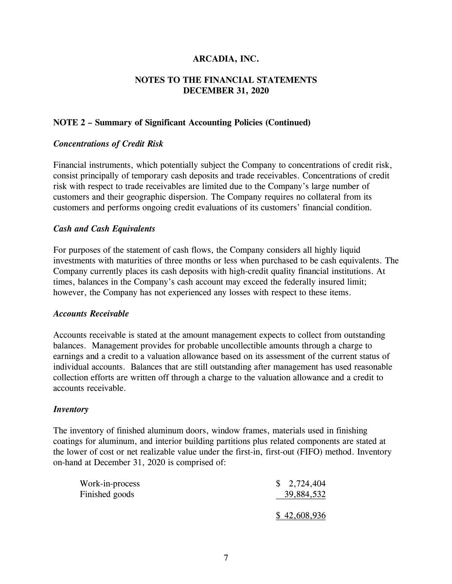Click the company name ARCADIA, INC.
226,59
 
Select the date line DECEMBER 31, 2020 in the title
226,91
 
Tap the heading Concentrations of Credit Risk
108,144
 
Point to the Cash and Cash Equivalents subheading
104,229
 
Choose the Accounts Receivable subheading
91,314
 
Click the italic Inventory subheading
71,409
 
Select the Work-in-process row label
110,484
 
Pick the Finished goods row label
107,495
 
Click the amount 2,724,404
307,484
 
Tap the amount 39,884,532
305,495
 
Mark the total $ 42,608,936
301,516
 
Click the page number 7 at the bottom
226,557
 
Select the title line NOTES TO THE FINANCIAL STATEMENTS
226,80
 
